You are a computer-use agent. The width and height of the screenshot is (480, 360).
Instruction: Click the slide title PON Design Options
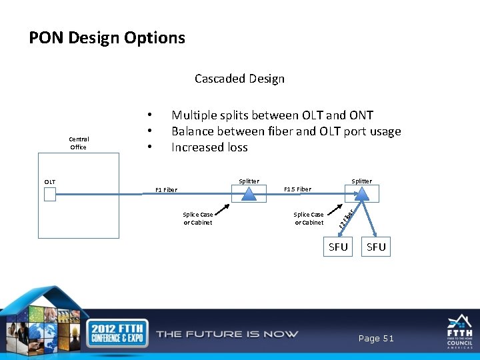click(107, 38)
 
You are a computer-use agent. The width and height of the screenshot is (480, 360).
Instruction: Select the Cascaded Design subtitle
click(239, 79)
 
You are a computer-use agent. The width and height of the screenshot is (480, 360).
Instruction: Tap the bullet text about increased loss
click(209, 147)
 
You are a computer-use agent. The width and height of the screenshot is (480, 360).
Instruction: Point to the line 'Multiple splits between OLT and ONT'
click(272, 115)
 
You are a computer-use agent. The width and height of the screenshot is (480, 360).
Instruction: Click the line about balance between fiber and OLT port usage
click(286, 131)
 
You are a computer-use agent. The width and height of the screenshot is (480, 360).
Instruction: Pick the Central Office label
click(79, 143)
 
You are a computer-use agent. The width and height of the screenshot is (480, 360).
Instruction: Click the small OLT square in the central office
click(50, 194)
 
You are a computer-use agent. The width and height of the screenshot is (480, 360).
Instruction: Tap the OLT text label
click(50, 181)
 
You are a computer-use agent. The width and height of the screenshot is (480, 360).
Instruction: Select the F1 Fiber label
click(166, 189)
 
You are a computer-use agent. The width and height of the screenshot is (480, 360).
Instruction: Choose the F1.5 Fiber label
click(297, 189)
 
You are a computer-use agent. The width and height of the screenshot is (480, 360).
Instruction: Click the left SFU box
click(338, 247)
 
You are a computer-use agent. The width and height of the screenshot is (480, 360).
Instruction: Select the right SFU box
click(376, 247)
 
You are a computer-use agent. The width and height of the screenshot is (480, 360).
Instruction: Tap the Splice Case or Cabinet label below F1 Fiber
click(197, 219)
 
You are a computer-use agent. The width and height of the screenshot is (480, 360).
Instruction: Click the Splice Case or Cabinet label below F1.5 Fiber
click(309, 219)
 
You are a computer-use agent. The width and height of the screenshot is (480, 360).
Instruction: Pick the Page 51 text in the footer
click(376, 339)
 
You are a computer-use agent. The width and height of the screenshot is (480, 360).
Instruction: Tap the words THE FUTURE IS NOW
click(227, 334)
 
